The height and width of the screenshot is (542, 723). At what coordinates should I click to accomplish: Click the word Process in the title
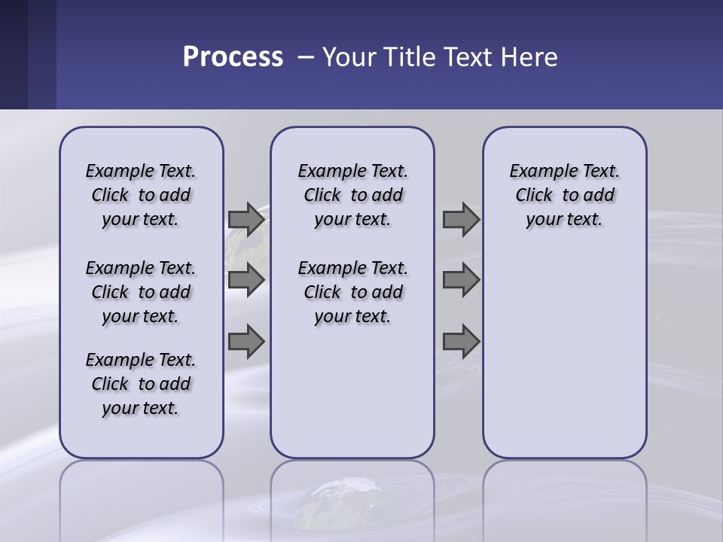[233, 57]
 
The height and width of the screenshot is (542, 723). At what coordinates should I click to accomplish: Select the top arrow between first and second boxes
[246, 219]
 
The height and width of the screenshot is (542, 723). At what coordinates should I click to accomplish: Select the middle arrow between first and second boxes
[246, 280]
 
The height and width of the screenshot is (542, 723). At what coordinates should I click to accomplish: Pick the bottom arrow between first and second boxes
[246, 342]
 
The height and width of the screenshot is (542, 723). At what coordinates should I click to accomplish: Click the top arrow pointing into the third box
[460, 219]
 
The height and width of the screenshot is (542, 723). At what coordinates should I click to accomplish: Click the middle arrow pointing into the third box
[460, 280]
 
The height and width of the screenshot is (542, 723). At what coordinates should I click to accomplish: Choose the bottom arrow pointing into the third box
[460, 342]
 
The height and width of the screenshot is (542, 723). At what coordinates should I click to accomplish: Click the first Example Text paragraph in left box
[141, 195]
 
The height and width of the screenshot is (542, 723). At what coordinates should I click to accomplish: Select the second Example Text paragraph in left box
[141, 292]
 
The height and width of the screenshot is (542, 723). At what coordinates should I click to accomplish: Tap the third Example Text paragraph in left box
[141, 384]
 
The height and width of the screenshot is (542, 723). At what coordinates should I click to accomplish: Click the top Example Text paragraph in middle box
[352, 195]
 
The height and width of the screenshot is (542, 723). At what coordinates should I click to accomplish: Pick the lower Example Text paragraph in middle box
[352, 292]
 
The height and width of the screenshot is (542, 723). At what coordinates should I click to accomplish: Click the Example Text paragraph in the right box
[564, 195]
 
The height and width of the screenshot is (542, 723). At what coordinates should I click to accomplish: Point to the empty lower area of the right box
[564, 361]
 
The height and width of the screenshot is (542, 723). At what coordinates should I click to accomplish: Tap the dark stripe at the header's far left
[14, 54]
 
